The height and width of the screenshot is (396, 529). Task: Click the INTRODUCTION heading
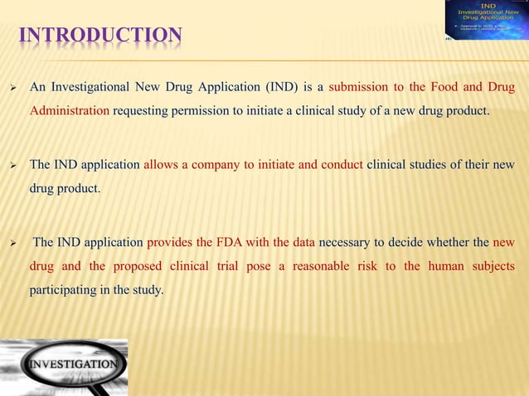point(100,35)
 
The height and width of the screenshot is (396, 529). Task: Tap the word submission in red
point(359,87)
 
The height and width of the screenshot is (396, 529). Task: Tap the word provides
point(173,243)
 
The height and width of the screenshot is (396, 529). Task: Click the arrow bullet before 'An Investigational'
point(12,88)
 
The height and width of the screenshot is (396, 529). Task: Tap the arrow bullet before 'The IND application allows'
point(12,166)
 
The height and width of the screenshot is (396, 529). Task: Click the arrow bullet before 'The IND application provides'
point(12,244)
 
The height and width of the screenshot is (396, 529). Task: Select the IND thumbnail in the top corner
point(486,20)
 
